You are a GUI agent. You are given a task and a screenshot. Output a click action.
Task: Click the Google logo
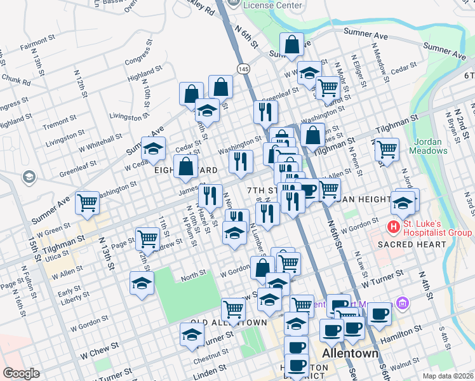click(x=21, y=373)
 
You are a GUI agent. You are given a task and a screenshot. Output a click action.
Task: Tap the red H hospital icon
click(x=394, y=227)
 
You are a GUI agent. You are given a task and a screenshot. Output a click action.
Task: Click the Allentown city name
click(x=350, y=353)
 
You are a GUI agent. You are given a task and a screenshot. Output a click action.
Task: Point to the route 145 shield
click(x=243, y=67)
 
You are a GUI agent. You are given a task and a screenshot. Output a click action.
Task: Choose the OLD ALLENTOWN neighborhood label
click(x=229, y=323)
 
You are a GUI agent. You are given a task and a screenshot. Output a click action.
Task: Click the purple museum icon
click(x=401, y=305)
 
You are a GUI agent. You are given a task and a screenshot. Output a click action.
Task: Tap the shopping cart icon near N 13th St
click(x=88, y=203)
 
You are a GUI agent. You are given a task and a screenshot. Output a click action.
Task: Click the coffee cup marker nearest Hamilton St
click(x=380, y=314)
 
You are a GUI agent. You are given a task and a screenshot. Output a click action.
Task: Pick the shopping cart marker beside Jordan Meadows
click(x=387, y=150)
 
